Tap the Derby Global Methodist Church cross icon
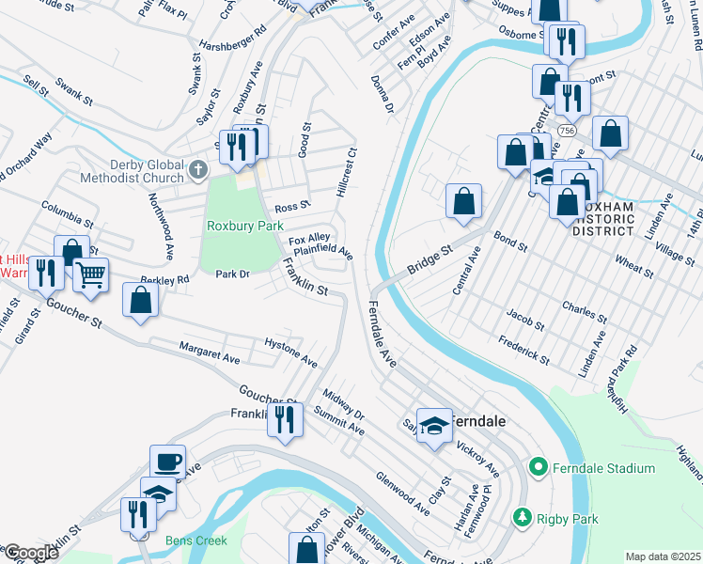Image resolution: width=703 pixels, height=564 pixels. pos(197,170)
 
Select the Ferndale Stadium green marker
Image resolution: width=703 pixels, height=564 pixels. pos(538,466)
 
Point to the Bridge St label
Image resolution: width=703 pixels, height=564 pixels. pos(430,261)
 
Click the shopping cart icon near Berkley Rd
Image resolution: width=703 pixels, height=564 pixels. pos(90,274)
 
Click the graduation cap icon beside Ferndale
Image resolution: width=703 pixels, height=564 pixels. pos(434,426)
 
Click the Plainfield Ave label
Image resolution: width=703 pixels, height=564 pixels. pos(322,251)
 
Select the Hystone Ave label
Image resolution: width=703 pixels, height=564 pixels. pos(290,349)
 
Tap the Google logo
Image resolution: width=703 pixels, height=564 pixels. pos(31,553)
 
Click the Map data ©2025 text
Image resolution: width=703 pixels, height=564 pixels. pos(663,556)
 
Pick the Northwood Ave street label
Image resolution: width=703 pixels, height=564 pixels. pos(161,225)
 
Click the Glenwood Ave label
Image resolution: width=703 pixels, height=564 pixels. pos(402,493)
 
